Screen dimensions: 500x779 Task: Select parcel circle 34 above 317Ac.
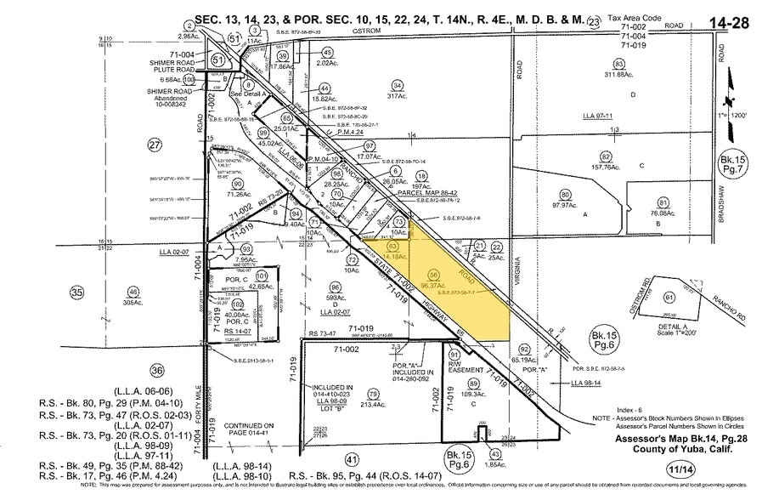pos(396,84)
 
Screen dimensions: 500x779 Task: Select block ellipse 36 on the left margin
pos(155,371)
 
